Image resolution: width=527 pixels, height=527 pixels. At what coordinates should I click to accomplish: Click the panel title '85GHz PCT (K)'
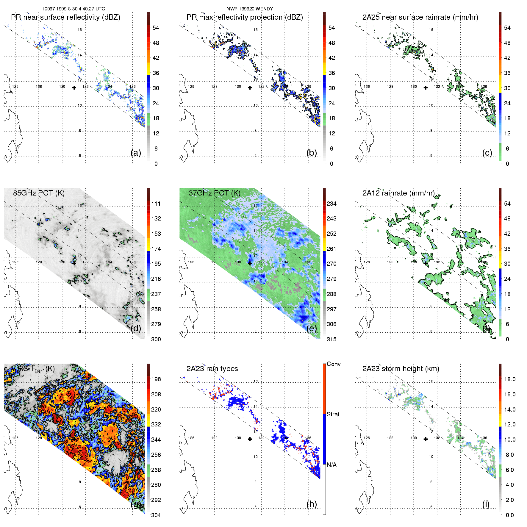[x=39, y=193]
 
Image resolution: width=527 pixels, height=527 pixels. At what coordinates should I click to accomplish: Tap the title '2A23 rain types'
[x=212, y=369]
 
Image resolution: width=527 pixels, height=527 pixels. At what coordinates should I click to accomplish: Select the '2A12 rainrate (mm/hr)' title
[x=398, y=193]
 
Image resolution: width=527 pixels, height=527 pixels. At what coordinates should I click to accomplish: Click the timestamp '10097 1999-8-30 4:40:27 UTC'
[x=74, y=9]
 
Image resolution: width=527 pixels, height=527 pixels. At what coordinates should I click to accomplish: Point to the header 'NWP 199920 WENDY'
[x=250, y=9]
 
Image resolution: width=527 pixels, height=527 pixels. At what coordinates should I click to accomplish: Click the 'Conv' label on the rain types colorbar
[x=334, y=364]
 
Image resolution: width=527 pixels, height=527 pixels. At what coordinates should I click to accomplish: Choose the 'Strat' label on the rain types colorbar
[x=333, y=414]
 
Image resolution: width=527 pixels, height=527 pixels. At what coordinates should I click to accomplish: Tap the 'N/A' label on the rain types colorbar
[x=331, y=465]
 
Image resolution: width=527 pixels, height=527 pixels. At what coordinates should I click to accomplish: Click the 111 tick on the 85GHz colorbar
[x=156, y=204]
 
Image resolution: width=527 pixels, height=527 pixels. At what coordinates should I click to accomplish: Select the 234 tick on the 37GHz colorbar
[x=331, y=204]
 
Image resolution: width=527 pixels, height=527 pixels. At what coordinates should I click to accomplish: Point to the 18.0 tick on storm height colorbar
[x=509, y=379]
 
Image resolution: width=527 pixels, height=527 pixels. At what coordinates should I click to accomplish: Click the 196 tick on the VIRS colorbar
[x=156, y=379]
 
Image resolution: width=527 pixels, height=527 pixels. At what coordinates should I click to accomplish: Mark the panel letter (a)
[x=136, y=153]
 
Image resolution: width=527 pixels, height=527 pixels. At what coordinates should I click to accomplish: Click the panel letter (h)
[x=312, y=504]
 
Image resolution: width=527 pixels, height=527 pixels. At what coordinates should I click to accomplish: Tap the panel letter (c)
[x=487, y=153]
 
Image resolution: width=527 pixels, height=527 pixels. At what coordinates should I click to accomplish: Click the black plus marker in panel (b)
[x=250, y=87]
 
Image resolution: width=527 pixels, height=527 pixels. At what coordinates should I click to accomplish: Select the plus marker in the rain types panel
[x=250, y=439]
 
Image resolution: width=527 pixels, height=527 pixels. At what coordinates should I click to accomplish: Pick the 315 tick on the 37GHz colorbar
[x=331, y=339]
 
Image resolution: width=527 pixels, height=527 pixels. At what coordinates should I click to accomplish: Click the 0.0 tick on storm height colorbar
[x=509, y=515]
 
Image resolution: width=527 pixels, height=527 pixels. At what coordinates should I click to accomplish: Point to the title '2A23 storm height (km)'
[x=401, y=369]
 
